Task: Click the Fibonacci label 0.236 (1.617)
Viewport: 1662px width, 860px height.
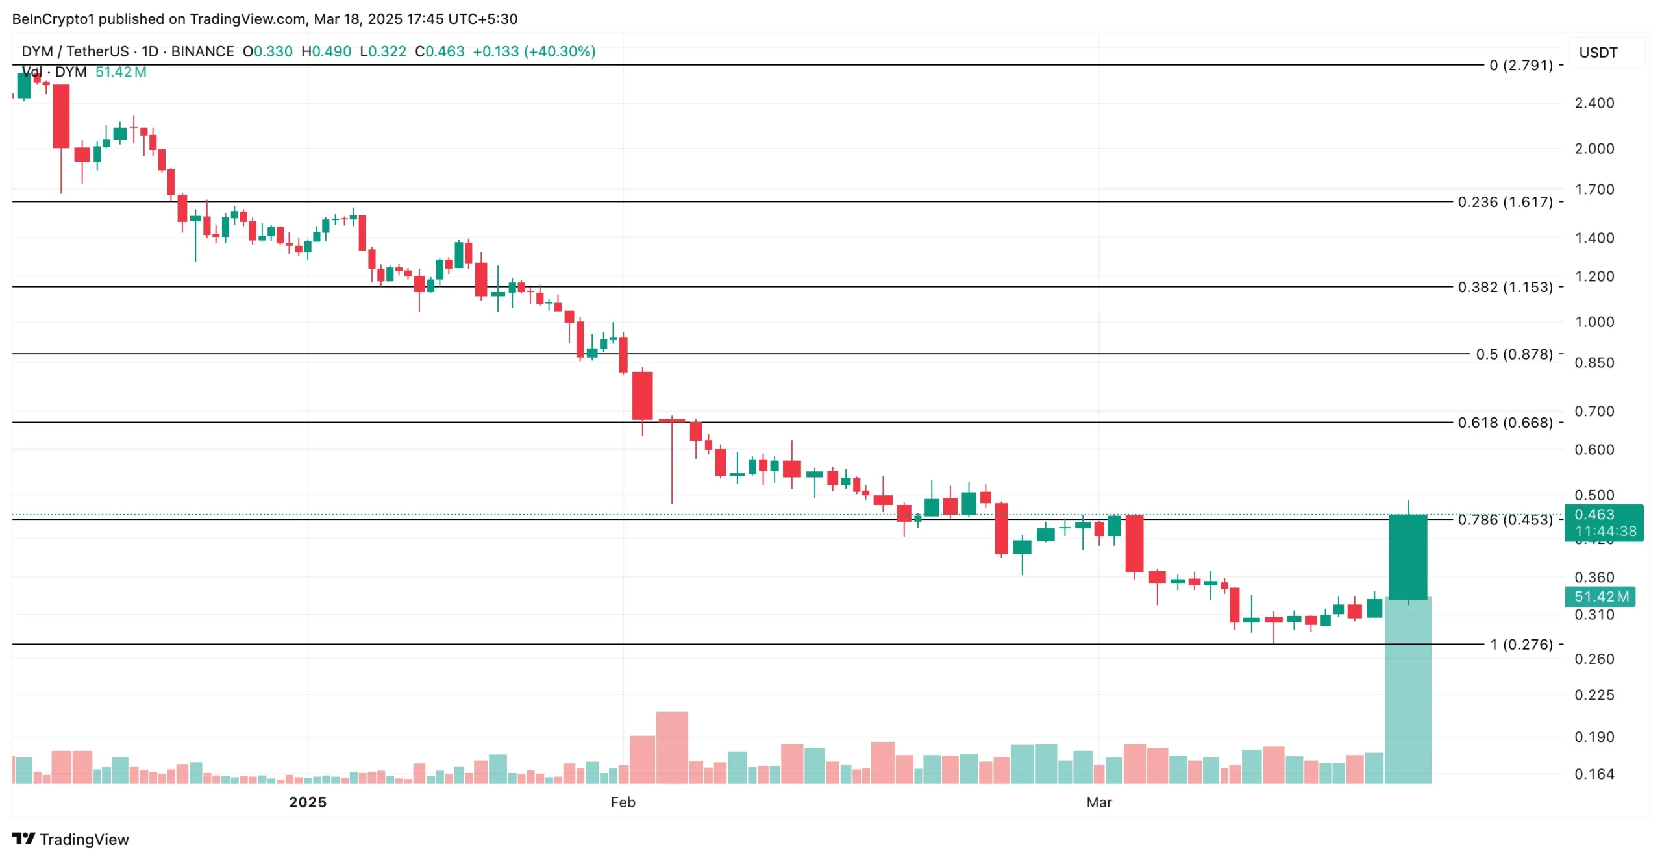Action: [1504, 202]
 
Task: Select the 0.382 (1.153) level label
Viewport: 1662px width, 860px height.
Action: [1504, 287]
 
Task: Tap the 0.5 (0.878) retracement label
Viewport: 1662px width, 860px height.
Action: [1513, 354]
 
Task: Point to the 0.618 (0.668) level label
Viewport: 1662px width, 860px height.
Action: [1504, 423]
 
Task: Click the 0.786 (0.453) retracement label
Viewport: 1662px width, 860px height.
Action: [1504, 520]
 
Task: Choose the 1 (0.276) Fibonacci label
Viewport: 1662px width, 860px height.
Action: [1520, 645]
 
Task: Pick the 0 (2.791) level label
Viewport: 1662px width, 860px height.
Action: [1520, 65]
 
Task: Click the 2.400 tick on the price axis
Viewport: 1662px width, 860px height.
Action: [1594, 103]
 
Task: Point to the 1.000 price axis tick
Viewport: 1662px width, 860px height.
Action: [1594, 322]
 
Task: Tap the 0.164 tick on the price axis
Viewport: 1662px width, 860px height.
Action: [1594, 774]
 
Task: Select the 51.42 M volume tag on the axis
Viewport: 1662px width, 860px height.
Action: [1600, 596]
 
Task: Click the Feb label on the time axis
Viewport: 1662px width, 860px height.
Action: [623, 802]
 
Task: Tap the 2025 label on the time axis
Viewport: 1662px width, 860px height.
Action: [308, 802]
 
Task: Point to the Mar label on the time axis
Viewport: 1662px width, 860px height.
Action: [1098, 802]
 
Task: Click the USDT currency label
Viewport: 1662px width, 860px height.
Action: [1598, 53]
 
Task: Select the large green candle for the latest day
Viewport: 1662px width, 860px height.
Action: [1407, 557]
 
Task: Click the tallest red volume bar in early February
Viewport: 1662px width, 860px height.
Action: [672, 747]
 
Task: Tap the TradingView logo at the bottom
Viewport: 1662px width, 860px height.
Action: [70, 839]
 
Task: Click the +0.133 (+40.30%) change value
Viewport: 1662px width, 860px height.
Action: [534, 51]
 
